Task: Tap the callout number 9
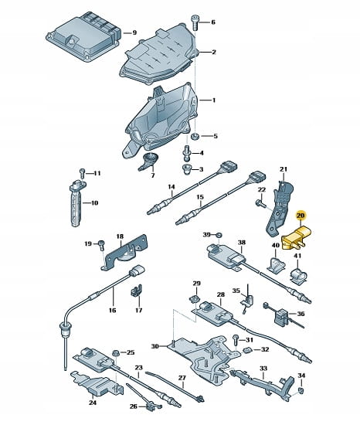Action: (x=134, y=32)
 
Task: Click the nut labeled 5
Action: (x=195, y=136)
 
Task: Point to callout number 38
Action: (x=241, y=242)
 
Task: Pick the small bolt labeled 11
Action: (x=83, y=173)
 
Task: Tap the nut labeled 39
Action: (x=219, y=234)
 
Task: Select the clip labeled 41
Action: (x=299, y=276)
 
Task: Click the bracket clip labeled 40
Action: (x=276, y=263)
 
